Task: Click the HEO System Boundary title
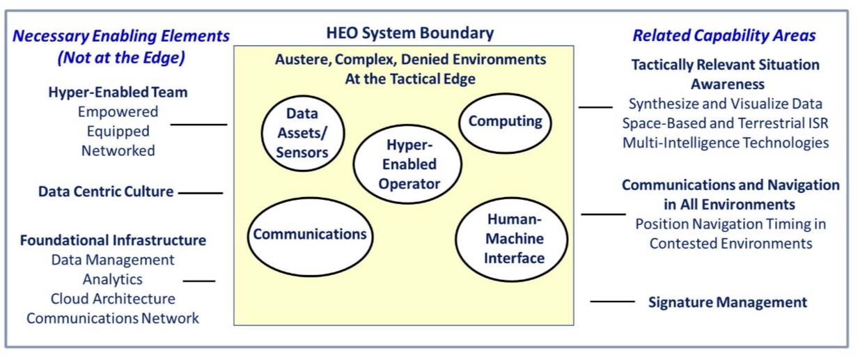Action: click(410, 33)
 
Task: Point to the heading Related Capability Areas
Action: click(724, 36)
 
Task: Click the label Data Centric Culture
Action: click(106, 191)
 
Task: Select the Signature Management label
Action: click(728, 302)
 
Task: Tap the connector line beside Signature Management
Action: click(612, 302)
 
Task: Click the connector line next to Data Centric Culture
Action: click(201, 193)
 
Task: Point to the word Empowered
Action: click(118, 111)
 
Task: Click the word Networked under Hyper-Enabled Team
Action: click(118, 151)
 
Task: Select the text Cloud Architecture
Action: click(113, 299)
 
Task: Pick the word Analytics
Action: click(113, 279)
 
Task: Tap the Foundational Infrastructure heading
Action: click(113, 240)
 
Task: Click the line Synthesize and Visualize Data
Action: click(725, 104)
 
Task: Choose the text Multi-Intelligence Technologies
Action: click(726, 143)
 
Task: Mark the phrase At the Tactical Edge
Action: click(410, 79)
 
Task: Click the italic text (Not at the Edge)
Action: click(121, 58)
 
